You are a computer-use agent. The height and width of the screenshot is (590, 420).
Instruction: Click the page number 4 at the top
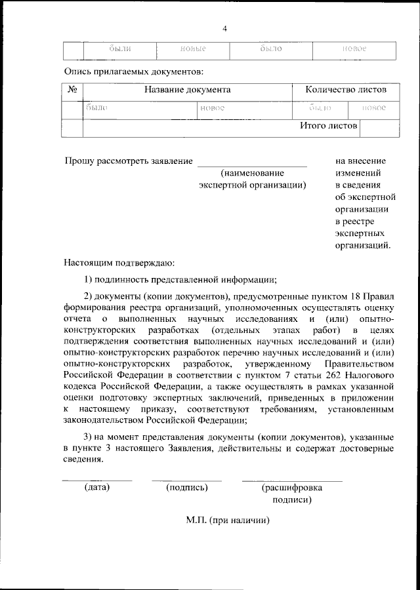tap(224, 29)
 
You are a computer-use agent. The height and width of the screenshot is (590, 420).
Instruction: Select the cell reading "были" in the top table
tap(119, 49)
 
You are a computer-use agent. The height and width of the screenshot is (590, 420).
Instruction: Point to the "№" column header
tap(73, 90)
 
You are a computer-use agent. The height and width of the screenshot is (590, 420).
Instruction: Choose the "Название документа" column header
tap(188, 90)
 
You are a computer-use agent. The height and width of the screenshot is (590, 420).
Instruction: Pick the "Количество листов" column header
tap(346, 90)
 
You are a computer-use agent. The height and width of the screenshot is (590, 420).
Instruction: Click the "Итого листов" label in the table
tap(328, 125)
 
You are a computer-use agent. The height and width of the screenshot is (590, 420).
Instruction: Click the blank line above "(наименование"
tap(252, 165)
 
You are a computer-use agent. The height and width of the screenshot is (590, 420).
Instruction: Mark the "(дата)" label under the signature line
tap(96, 488)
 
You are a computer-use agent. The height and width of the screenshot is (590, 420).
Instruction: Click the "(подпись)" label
tap(187, 488)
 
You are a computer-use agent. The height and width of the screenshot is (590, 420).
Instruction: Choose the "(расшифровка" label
tap(292, 488)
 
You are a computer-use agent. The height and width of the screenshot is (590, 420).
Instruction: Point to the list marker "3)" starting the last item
tap(91, 437)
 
